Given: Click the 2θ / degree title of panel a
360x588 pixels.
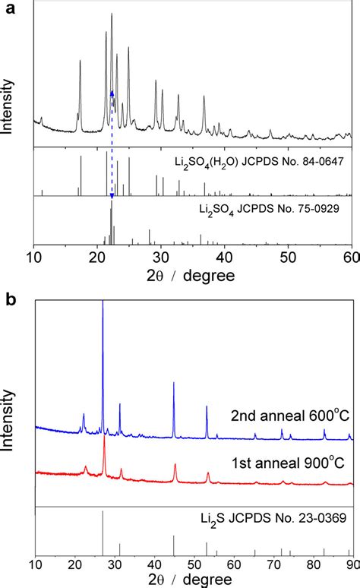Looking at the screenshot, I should (192, 273).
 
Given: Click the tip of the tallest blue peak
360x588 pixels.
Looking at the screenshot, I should (103, 302).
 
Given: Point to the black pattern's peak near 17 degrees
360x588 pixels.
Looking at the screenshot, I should (80, 62).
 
